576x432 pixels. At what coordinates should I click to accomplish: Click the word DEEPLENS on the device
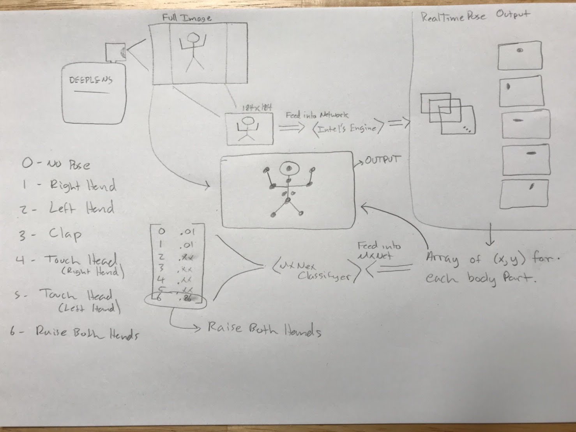[x=90, y=80]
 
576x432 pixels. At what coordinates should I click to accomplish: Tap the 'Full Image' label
[x=187, y=18]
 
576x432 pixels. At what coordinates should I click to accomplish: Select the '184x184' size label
[x=256, y=108]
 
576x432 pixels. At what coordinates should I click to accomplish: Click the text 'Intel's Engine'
[x=347, y=128]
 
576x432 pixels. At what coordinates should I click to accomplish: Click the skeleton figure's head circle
[x=289, y=168]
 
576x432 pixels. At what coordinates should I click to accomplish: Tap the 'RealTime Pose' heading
[x=453, y=17]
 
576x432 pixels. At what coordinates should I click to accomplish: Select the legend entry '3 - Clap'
[x=51, y=234]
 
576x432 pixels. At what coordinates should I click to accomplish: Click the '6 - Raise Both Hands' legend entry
[x=74, y=333]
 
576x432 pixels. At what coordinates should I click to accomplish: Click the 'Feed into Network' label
[x=317, y=115]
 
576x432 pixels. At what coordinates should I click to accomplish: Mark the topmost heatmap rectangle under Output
[x=520, y=55]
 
